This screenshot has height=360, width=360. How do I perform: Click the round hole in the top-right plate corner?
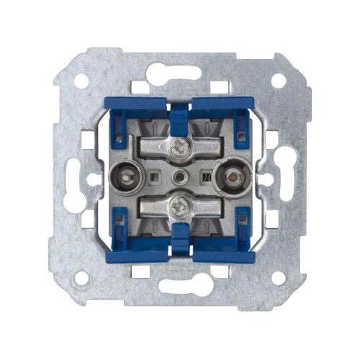[x=278, y=81]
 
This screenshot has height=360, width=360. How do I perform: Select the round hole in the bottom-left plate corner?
[x=81, y=277]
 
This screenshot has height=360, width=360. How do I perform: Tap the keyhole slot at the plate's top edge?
[x=176, y=73]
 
